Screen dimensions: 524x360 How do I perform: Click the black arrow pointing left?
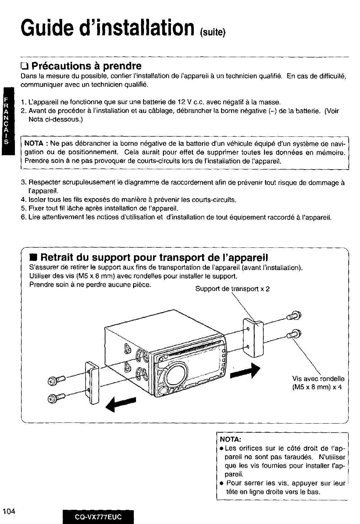[120, 403]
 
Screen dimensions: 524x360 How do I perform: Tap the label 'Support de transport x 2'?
[232, 289]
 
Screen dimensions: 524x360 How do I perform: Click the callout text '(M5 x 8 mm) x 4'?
[317, 387]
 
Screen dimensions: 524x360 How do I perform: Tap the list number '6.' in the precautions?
[24, 217]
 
